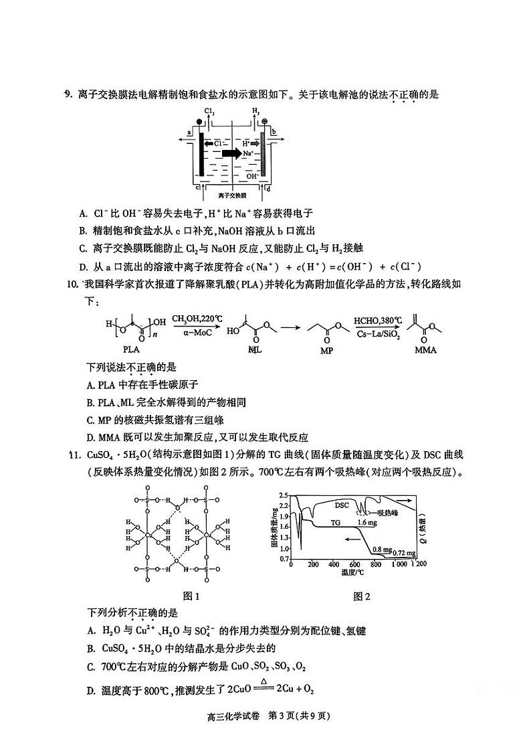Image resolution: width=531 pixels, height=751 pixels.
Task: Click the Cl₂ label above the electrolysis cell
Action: pyautogui.click(x=209, y=111)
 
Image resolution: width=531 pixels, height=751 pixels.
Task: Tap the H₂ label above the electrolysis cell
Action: pyautogui.click(x=255, y=111)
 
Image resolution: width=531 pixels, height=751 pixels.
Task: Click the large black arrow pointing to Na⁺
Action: pyautogui.click(x=232, y=153)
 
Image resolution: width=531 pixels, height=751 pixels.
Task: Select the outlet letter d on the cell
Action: pyautogui.click(x=268, y=188)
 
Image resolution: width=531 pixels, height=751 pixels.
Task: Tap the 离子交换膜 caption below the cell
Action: pyautogui.click(x=232, y=196)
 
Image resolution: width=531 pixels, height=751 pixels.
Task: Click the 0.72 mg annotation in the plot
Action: pyautogui.click(x=404, y=553)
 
